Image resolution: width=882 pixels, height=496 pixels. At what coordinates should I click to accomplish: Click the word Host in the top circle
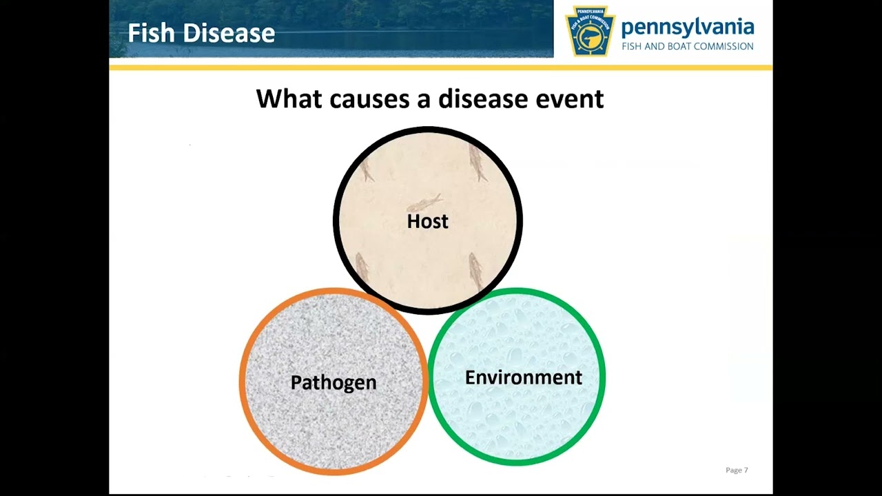[427, 221]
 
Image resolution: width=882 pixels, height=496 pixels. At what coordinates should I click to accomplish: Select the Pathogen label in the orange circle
[334, 382]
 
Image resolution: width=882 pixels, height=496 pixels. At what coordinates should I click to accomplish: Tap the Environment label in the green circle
[523, 378]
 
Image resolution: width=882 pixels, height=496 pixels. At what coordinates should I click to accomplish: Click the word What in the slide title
[289, 99]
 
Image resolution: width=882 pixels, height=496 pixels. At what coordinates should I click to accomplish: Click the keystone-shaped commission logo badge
[590, 30]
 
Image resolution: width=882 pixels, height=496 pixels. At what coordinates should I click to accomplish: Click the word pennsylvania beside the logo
[687, 28]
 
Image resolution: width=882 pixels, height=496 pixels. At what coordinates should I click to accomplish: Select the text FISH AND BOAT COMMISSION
[687, 46]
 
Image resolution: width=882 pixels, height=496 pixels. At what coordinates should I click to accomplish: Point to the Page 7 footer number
[736, 470]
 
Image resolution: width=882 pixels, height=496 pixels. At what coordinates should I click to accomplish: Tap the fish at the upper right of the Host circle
[478, 163]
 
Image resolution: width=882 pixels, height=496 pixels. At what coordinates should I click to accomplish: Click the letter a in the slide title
[422, 99]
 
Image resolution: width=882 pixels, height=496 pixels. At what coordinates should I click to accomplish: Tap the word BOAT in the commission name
[678, 46]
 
